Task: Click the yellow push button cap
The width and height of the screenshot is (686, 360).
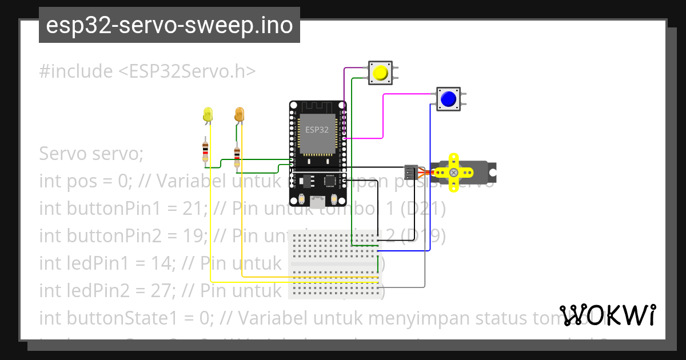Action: point(380,73)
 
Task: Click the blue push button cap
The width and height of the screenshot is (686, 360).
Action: point(448,99)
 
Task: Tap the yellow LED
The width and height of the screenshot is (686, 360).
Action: point(208,114)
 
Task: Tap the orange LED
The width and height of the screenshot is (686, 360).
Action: point(239,114)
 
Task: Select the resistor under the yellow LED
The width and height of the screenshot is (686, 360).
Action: point(206,151)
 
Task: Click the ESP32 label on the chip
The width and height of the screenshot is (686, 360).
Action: point(316,130)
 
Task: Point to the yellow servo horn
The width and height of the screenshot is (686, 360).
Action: point(453,172)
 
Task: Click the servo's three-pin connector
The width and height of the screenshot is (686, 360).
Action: point(410,171)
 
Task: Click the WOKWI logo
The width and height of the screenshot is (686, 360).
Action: point(608,315)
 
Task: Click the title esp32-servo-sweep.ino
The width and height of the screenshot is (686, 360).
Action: point(169,25)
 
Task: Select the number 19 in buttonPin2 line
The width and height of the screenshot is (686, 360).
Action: point(175,236)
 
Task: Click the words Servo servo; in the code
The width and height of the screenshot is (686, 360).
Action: point(91,154)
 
